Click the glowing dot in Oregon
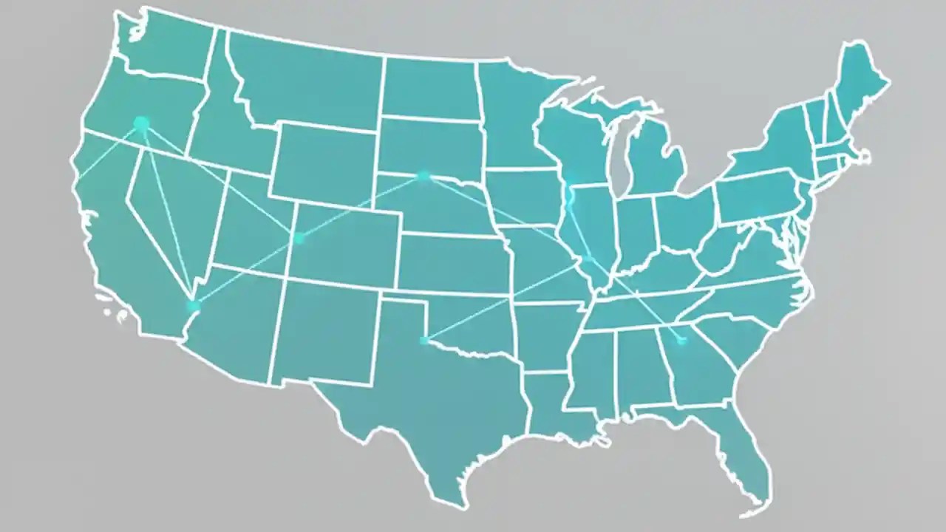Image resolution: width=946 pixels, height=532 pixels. (x=141, y=123)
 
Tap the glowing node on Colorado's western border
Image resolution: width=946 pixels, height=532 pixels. (x=299, y=237)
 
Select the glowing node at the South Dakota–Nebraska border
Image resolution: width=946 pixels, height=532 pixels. (x=423, y=176)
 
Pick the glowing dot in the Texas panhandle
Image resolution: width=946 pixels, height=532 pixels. (x=424, y=340)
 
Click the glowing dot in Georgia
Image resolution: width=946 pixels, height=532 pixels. (x=681, y=340)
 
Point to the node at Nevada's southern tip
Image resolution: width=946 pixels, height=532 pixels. (x=194, y=305)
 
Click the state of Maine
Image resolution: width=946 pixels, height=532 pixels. (x=857, y=81)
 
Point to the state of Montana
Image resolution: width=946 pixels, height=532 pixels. (x=303, y=81)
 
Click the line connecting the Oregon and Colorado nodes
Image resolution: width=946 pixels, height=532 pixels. (x=222, y=182)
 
